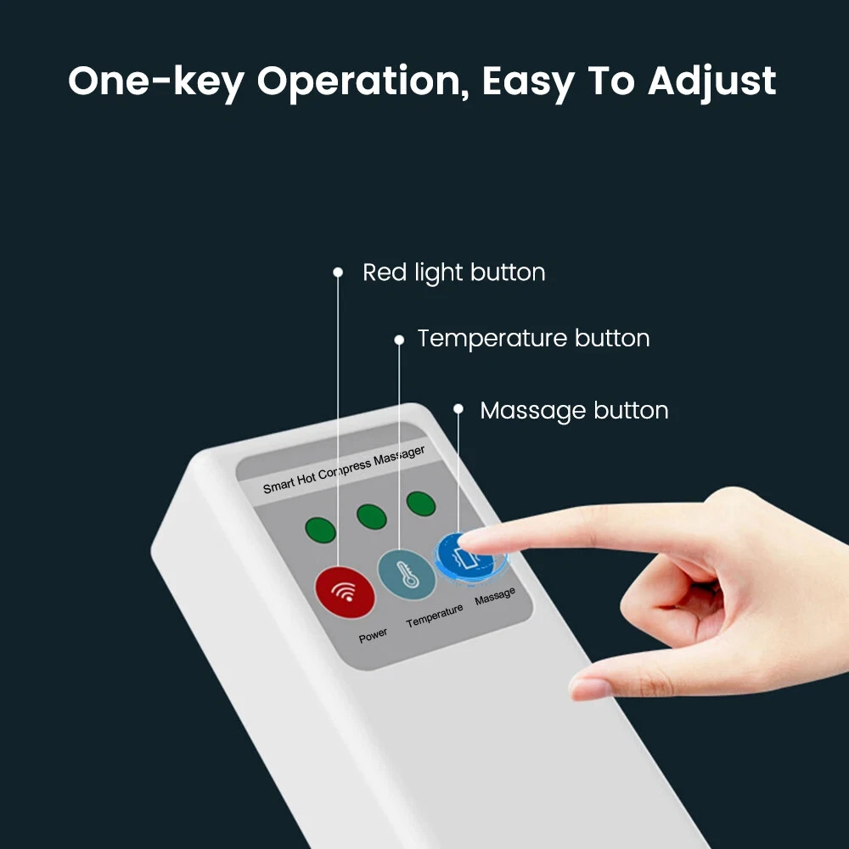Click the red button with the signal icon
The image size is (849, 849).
point(345,593)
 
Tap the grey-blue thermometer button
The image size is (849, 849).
point(406,575)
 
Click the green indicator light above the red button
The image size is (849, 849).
point(321,530)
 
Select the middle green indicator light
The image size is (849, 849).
point(372,516)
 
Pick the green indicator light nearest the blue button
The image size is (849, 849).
point(421,503)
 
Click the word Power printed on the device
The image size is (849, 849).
point(373,634)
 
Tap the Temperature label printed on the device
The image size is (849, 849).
point(435,616)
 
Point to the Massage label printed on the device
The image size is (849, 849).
point(495,596)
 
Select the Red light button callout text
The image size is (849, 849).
point(453,273)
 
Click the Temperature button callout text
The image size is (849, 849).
point(533,339)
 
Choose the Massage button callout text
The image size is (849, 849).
point(574,411)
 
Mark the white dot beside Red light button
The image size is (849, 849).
point(338,272)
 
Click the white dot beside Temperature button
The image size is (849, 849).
point(399,340)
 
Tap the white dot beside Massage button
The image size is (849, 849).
point(458,409)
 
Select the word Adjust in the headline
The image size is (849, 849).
point(712,82)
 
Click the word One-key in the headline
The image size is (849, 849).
point(156,82)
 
